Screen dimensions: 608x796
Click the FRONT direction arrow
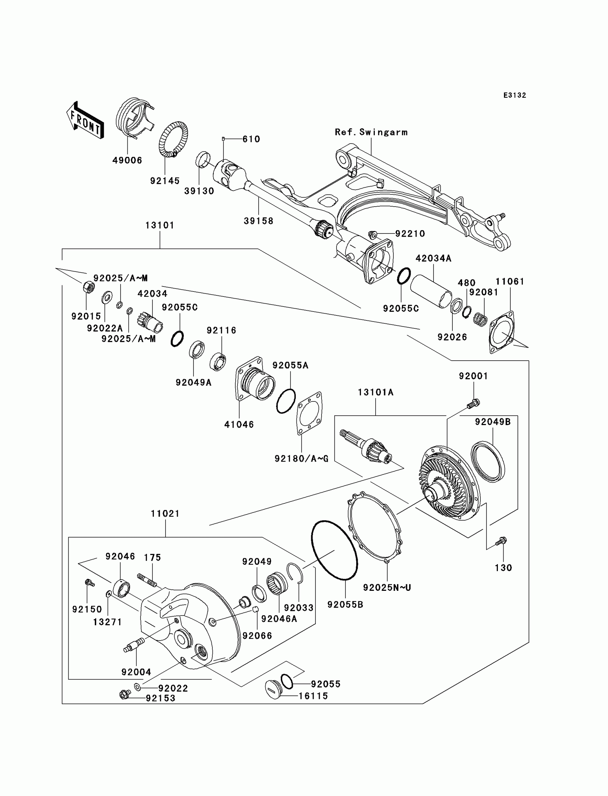click(x=85, y=120)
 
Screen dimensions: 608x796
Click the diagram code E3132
click(x=515, y=95)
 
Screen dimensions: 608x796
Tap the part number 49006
click(x=127, y=160)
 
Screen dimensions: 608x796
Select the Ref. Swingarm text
click(x=371, y=132)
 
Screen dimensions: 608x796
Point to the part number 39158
click(x=258, y=221)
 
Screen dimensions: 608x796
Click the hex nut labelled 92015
click(x=89, y=287)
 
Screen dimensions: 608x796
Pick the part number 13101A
click(x=376, y=392)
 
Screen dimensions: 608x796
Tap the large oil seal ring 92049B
click(x=488, y=462)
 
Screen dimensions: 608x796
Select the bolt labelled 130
click(x=501, y=552)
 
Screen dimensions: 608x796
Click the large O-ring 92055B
click(x=335, y=550)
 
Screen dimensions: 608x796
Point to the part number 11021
click(x=165, y=513)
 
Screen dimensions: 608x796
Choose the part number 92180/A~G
click(x=301, y=459)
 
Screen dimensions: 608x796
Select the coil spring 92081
click(x=481, y=319)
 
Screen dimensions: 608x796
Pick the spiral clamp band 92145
click(x=173, y=140)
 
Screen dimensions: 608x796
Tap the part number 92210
click(x=410, y=234)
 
